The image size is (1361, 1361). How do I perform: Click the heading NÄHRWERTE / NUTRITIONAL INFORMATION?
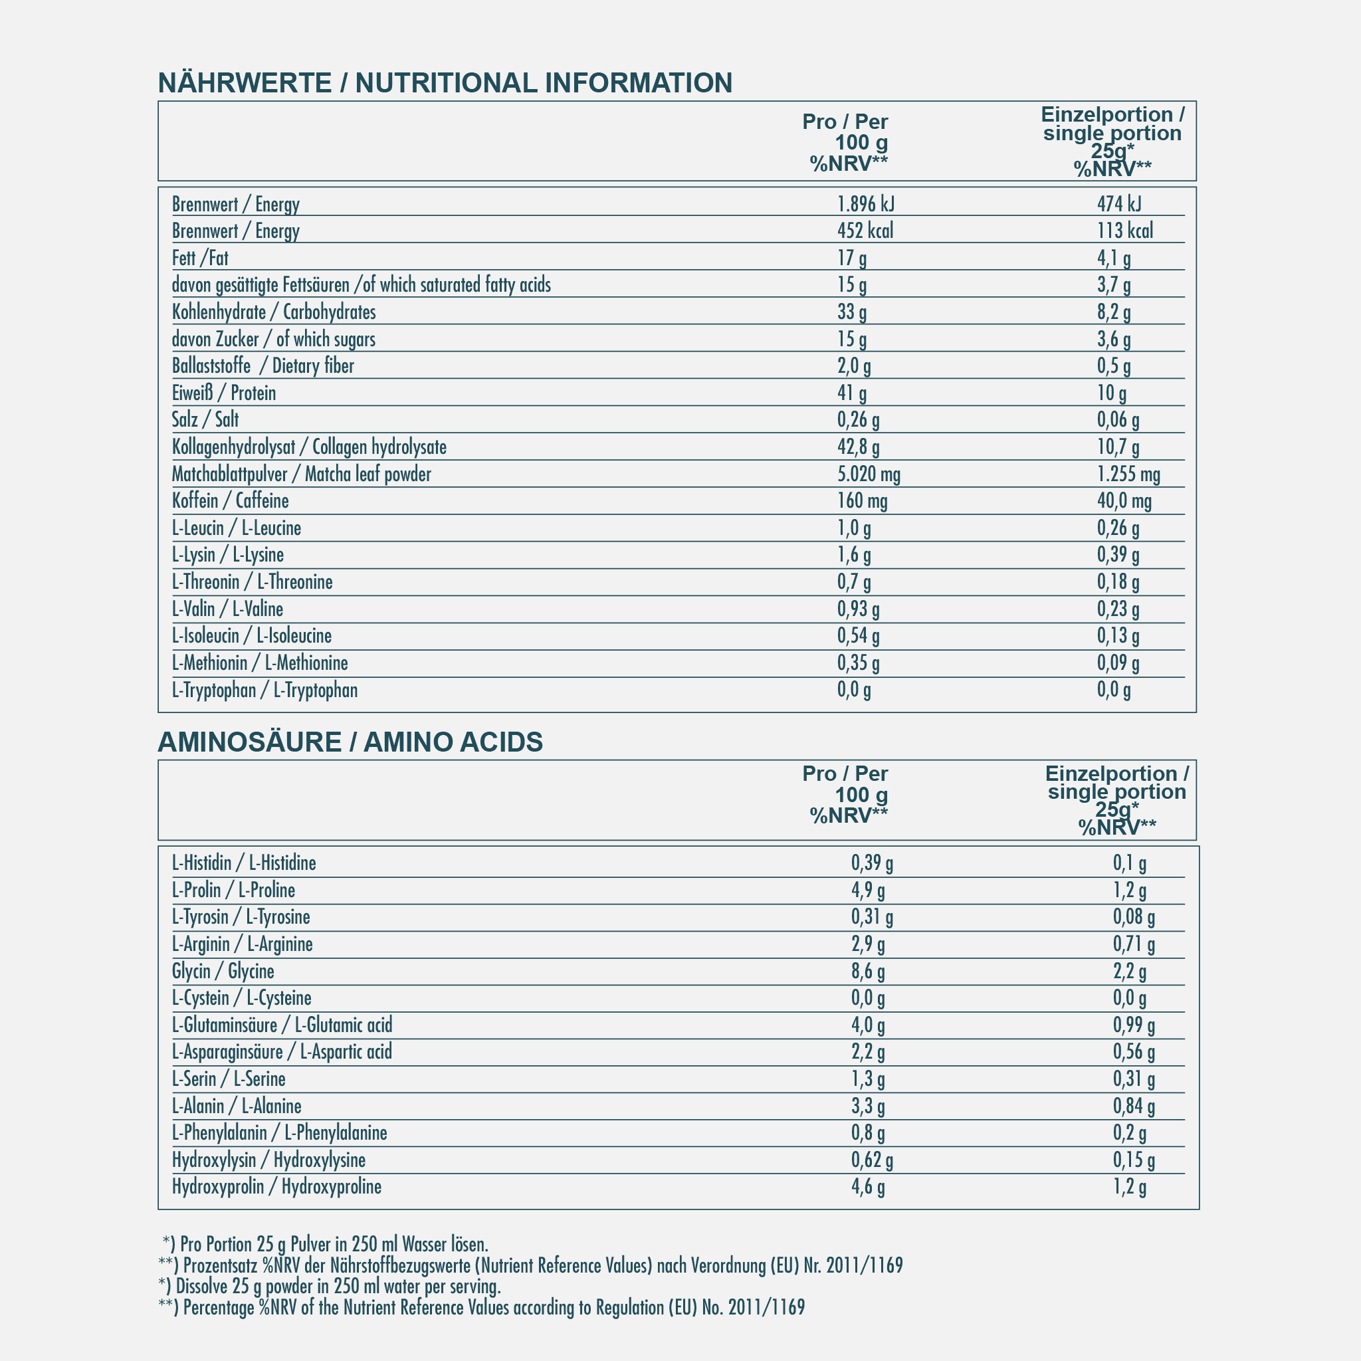click(445, 83)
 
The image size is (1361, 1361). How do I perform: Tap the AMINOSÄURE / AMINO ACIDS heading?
click(350, 742)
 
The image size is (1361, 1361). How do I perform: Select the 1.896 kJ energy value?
click(866, 204)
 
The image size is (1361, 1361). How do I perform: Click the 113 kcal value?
click(1125, 231)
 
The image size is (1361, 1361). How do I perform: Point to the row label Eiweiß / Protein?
click(224, 393)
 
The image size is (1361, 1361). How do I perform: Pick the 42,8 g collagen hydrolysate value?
click(858, 447)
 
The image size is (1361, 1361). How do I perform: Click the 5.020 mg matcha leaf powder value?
click(869, 474)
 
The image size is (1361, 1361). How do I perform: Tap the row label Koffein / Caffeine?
click(231, 501)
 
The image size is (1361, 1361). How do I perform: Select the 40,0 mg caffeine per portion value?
click(1124, 502)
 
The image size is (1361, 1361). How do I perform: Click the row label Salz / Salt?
click(205, 420)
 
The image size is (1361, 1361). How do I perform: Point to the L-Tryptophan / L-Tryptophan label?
click(265, 690)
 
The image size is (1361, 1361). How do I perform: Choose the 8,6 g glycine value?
click(868, 972)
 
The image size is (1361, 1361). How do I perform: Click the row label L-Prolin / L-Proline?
click(233, 890)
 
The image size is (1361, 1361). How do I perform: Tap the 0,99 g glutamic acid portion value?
click(1134, 1025)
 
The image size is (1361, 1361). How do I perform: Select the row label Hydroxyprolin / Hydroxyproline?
click(277, 1187)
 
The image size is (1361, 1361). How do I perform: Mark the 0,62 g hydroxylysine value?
click(872, 1160)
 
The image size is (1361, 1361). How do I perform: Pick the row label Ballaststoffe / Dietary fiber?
click(262, 366)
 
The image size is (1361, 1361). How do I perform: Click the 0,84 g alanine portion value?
click(1134, 1106)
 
